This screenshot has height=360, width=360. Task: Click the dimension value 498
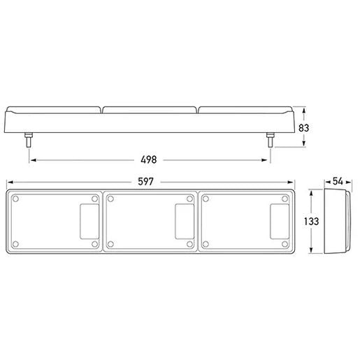click(x=149, y=159)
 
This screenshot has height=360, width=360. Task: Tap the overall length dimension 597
click(x=145, y=182)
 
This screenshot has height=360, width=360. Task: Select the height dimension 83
click(x=303, y=128)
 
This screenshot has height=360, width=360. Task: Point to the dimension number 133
click(x=312, y=221)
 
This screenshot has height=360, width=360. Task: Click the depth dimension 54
click(x=338, y=181)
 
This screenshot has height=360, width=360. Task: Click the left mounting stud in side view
click(x=29, y=140)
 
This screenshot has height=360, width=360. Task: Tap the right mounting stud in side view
click(x=271, y=140)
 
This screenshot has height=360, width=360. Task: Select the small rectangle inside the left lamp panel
click(x=89, y=222)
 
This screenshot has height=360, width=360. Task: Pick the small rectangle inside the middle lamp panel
click(x=185, y=222)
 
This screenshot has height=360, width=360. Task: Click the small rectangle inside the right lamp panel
click(x=280, y=222)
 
